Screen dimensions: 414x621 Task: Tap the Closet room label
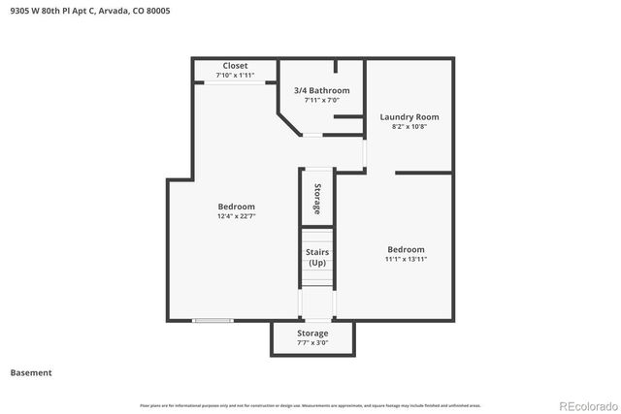(x=235, y=66)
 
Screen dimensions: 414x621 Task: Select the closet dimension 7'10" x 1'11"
(x=235, y=76)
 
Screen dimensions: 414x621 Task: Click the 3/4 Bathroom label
(x=321, y=90)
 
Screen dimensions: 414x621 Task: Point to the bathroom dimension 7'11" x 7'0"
(x=321, y=100)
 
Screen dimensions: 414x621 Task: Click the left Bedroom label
(x=236, y=207)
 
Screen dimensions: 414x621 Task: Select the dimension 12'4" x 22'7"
(x=236, y=216)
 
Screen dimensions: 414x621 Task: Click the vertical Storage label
(x=316, y=198)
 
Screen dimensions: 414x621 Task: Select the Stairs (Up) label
(x=316, y=258)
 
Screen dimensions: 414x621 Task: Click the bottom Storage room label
(x=312, y=333)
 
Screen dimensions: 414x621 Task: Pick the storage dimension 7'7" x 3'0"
(x=312, y=342)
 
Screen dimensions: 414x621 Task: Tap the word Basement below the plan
(x=31, y=372)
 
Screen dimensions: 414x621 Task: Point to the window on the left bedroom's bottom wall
(x=212, y=320)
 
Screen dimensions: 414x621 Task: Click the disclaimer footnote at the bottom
(x=310, y=405)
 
